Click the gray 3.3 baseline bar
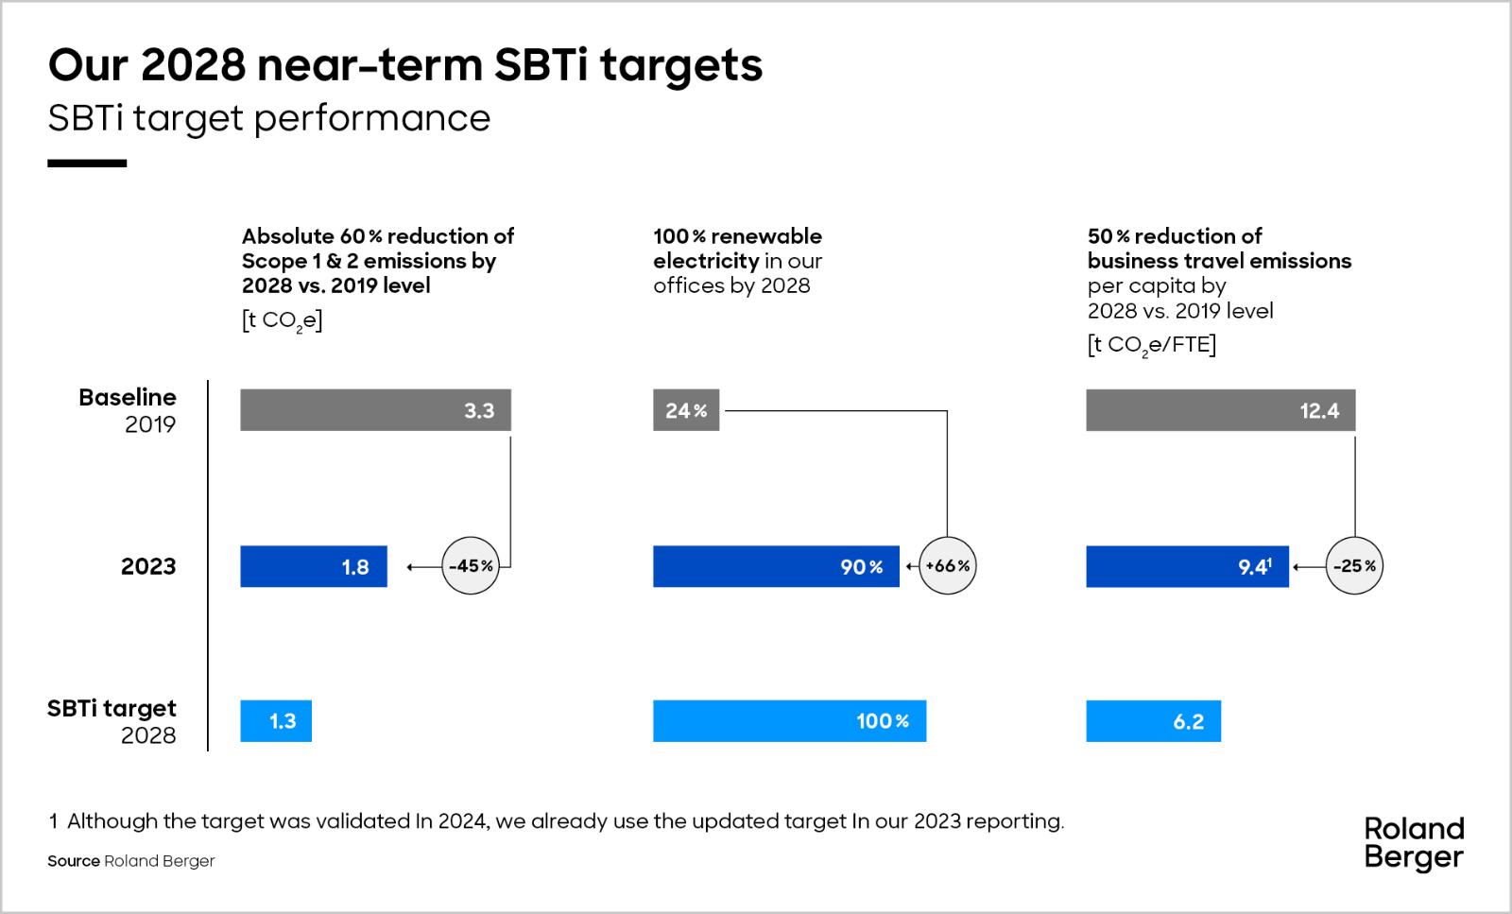point(375,410)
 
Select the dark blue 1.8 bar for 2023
point(313,566)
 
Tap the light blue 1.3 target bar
point(275,721)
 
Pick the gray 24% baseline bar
point(685,410)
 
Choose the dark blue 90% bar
point(775,566)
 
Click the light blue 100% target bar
point(789,721)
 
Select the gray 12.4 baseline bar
point(1220,410)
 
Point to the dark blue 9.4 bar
point(1187,566)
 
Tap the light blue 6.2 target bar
point(1153,721)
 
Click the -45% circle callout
point(471,566)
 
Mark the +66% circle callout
point(947,566)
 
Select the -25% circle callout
point(1354,566)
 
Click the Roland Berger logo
point(1414,843)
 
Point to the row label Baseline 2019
point(128,410)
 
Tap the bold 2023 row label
point(148,566)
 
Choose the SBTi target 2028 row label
point(112,721)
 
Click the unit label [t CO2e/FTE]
point(1151,345)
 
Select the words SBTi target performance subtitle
point(269,118)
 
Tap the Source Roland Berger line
point(131,861)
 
